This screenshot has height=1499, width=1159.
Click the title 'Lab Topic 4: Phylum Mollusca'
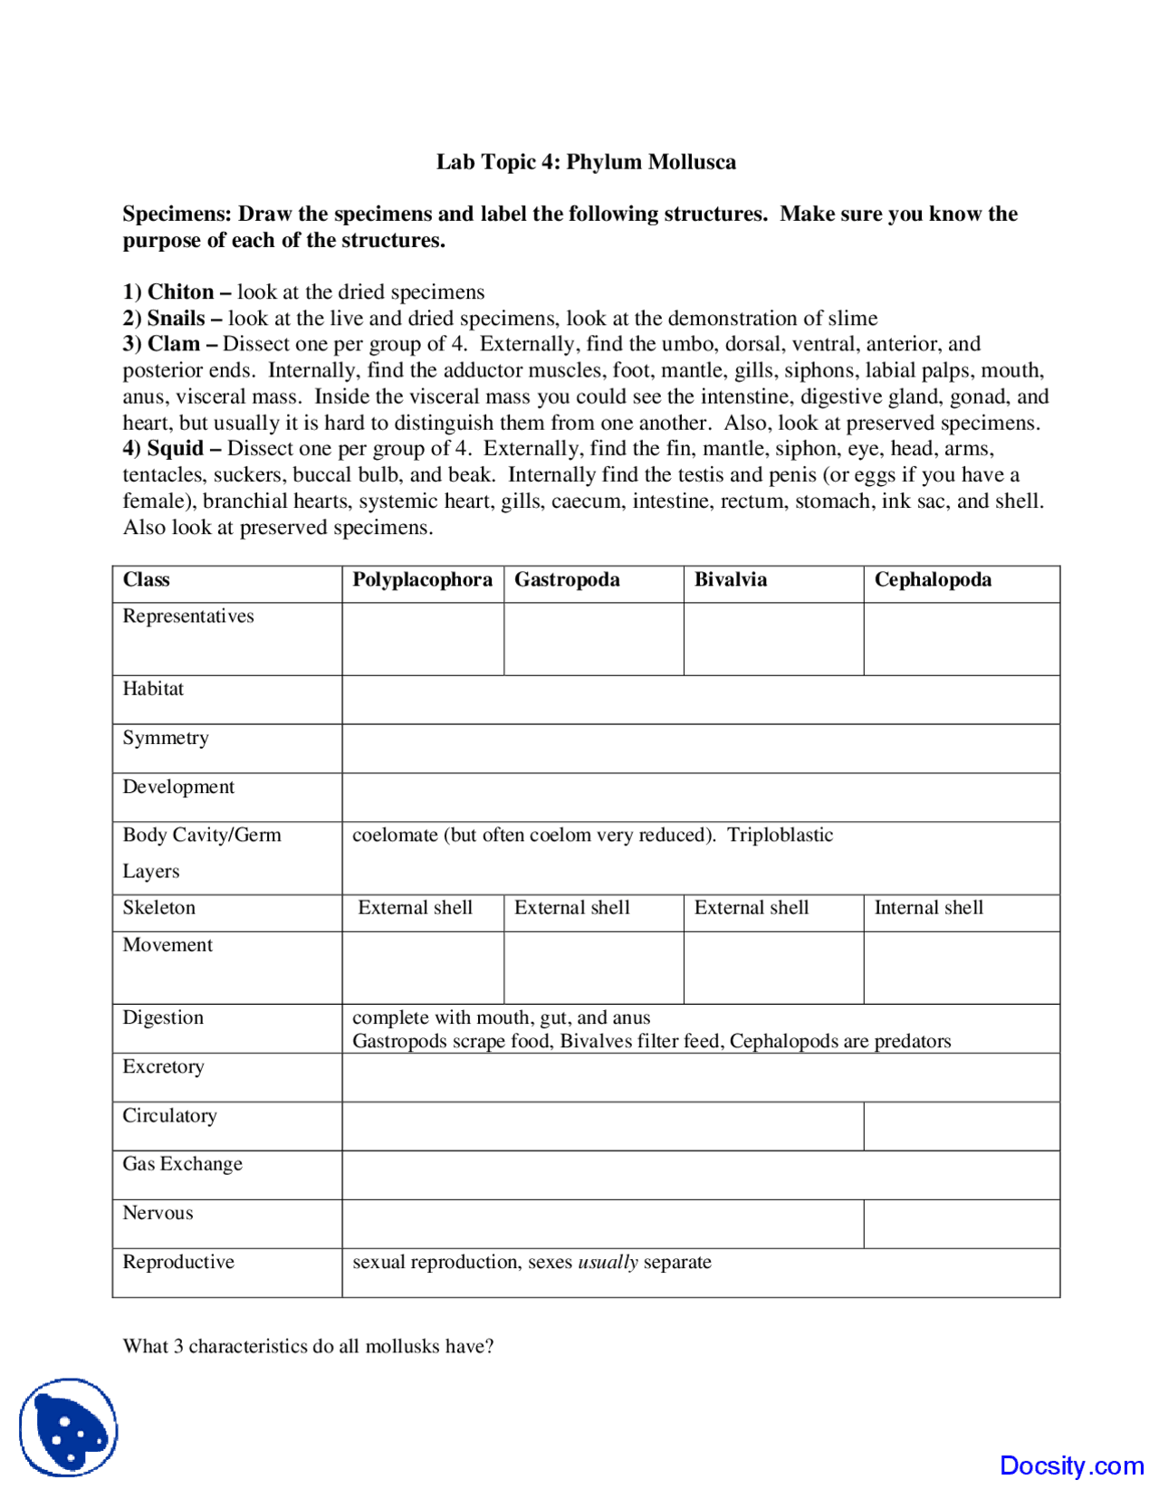(x=586, y=162)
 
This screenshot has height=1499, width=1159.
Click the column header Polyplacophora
(x=422, y=580)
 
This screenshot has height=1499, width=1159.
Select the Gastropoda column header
(x=567, y=580)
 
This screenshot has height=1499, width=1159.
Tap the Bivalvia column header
(x=730, y=580)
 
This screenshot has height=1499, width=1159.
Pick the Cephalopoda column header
(x=933, y=580)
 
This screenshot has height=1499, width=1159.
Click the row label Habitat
(x=153, y=689)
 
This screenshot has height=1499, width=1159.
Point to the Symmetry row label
(x=166, y=738)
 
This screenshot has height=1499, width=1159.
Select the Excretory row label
(x=164, y=1066)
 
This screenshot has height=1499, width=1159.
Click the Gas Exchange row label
(x=183, y=1164)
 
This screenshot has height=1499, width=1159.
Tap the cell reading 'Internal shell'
(x=928, y=908)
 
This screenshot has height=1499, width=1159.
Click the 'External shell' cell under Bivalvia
(x=752, y=908)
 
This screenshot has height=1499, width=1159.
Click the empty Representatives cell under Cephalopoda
(x=961, y=639)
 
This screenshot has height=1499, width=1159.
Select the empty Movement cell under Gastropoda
(x=593, y=968)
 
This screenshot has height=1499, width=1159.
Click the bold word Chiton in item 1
(x=181, y=292)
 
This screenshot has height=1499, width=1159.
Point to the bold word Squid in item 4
(x=176, y=449)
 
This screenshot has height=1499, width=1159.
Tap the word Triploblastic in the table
(x=780, y=835)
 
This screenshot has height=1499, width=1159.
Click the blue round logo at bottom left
(x=69, y=1427)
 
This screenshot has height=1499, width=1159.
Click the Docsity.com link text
(x=1071, y=1466)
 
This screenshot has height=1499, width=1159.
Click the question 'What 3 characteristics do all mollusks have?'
(x=309, y=1346)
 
